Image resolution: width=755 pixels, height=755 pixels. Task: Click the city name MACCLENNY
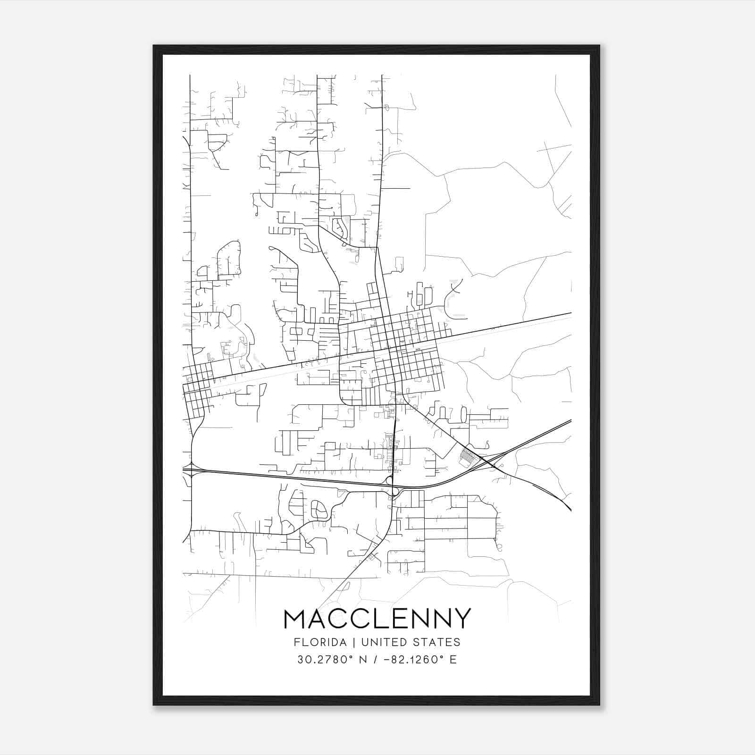[377, 619]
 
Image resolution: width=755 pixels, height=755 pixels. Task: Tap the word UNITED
[384, 642]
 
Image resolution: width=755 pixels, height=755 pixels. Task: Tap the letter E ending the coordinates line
[453, 660]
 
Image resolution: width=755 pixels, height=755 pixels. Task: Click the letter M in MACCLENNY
[295, 619]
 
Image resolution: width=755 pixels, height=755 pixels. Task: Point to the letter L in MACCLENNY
[376, 619]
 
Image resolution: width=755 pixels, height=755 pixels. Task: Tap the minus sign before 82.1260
[387, 660]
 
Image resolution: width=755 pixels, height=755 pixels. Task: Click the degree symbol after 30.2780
[351, 657]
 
